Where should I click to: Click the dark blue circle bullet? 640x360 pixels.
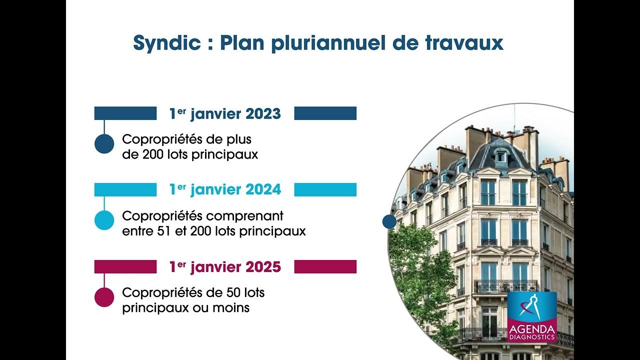104,144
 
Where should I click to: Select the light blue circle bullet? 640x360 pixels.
104,220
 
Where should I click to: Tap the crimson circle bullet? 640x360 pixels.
104,297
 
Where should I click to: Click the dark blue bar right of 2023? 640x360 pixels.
325,113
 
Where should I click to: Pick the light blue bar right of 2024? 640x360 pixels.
325,190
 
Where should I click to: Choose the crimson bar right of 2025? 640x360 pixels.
325,267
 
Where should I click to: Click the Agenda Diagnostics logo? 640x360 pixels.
531,317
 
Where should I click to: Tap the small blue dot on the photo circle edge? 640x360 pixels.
389,221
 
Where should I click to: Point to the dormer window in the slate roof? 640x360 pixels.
500,157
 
